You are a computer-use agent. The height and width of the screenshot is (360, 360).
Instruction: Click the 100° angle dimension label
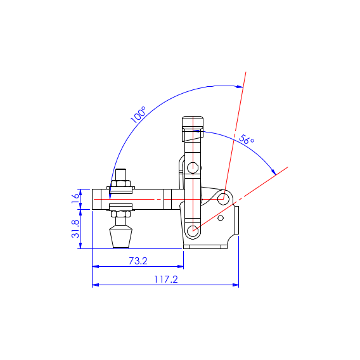(x=138, y=115)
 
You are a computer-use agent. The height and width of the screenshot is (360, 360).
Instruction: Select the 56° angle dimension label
(x=247, y=139)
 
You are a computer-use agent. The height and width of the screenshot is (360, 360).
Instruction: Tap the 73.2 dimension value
(x=138, y=261)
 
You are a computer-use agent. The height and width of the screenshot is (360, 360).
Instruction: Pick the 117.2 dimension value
(x=166, y=280)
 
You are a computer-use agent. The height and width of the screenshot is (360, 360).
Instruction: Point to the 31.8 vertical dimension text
(x=75, y=229)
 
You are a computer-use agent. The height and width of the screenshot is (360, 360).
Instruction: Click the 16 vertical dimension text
(x=75, y=198)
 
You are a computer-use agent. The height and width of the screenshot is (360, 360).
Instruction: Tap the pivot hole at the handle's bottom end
(x=193, y=231)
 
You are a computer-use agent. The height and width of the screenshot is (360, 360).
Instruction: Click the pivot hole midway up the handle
(x=193, y=168)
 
